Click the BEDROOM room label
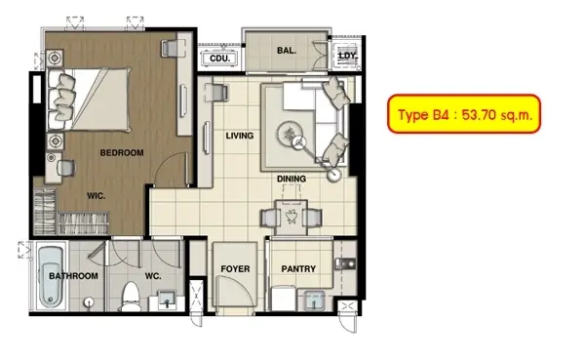(122, 152)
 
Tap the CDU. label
(219, 59)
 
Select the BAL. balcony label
(287, 50)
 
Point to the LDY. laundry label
(347, 56)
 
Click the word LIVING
(240, 136)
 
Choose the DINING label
(292, 179)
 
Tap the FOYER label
(235, 269)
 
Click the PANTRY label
(298, 269)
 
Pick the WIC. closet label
(96, 196)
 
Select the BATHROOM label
(73, 276)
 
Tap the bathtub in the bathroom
(51, 277)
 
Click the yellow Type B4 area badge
(464, 114)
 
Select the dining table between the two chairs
(291, 218)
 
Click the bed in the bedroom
(90, 100)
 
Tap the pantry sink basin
(314, 300)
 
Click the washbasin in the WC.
(168, 300)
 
